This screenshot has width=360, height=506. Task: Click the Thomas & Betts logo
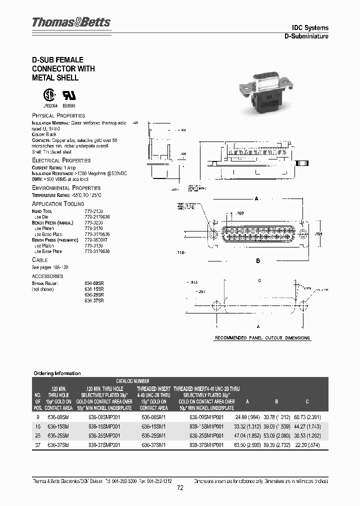coord(71,22)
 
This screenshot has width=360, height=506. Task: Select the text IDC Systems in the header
coord(310,28)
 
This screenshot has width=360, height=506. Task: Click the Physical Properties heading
coord(58,115)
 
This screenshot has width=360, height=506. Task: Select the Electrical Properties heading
coord(61,160)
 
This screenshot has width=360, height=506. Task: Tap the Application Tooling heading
coord(58,204)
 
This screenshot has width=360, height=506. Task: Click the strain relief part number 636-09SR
coord(94,283)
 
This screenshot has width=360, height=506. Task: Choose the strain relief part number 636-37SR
coord(94,301)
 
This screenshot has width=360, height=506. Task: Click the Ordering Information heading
coord(57,373)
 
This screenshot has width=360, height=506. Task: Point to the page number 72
coord(180,488)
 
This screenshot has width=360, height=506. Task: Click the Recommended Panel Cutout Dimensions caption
coord(262,338)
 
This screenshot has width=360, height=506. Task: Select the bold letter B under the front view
coord(258,261)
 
